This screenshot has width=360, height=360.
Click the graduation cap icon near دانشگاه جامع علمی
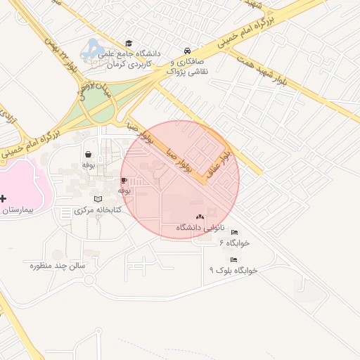click(128, 44)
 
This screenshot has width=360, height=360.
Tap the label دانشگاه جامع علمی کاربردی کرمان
click(134, 58)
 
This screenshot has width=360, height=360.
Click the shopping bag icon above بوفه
click(88, 154)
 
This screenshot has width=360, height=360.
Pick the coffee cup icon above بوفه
click(124, 181)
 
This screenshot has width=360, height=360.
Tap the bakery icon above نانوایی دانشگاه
click(200, 217)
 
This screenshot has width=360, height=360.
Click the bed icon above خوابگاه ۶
click(234, 233)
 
